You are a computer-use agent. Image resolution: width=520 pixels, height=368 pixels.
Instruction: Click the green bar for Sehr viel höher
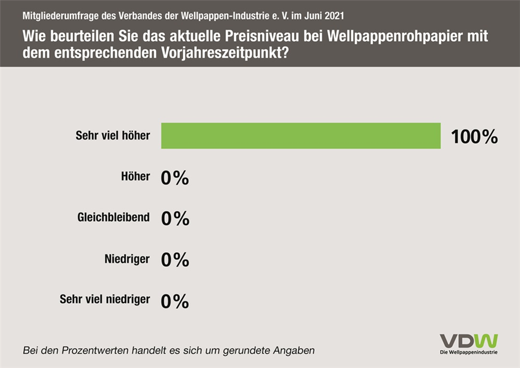(300, 136)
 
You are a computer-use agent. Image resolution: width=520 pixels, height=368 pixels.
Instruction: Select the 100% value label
(474, 137)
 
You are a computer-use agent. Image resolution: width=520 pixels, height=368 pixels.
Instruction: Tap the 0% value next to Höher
(175, 178)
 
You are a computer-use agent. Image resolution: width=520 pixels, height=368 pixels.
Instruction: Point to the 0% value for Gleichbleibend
(175, 219)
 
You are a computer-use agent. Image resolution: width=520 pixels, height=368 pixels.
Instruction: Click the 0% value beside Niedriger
(175, 260)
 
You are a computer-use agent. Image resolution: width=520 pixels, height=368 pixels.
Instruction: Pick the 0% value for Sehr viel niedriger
(175, 301)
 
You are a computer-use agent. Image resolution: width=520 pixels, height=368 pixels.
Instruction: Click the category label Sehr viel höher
(113, 136)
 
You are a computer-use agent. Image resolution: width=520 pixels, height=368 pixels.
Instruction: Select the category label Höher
(136, 177)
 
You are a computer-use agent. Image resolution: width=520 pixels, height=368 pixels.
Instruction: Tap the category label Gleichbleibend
(113, 218)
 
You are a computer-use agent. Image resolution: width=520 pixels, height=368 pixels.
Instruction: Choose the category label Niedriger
(128, 259)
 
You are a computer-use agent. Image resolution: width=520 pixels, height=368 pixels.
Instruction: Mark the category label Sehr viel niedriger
(105, 300)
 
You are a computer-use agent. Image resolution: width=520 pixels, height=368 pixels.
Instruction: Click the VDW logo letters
(469, 341)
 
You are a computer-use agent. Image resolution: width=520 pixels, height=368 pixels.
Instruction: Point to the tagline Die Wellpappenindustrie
(469, 352)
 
